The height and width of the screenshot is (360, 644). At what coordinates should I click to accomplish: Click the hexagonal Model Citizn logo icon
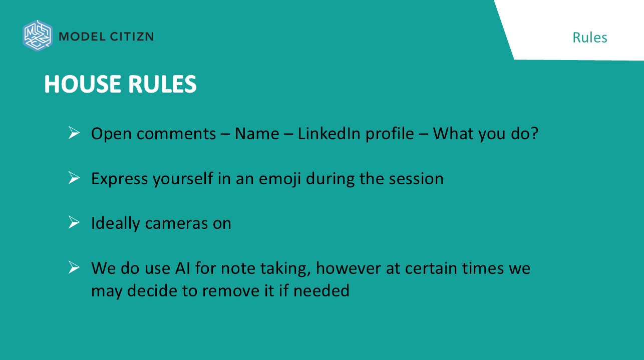tap(38, 36)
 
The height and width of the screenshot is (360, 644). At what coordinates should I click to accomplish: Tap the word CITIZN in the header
tap(132, 37)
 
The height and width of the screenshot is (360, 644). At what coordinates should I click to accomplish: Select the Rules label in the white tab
tap(589, 38)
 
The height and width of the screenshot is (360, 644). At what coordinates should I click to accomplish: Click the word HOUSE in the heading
tap(83, 84)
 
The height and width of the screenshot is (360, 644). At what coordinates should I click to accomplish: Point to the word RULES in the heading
tap(162, 84)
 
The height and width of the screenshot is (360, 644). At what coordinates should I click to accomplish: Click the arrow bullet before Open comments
tap(74, 133)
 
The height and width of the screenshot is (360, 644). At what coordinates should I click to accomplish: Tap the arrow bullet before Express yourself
tap(74, 177)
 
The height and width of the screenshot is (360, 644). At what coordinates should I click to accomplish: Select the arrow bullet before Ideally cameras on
tap(74, 222)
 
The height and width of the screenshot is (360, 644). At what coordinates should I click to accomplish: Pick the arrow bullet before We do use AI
tap(74, 267)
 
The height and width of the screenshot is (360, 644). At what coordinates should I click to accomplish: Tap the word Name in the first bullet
tap(257, 134)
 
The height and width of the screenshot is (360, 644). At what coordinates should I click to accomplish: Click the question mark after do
tap(535, 133)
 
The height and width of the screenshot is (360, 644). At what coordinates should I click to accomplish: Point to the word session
tap(416, 179)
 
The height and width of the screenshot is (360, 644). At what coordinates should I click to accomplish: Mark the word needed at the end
tap(321, 290)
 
